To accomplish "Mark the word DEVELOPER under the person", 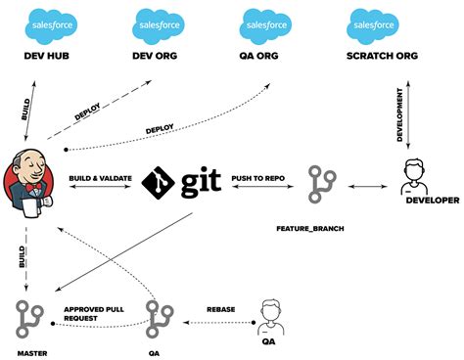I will pyautogui.click(x=432, y=201).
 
